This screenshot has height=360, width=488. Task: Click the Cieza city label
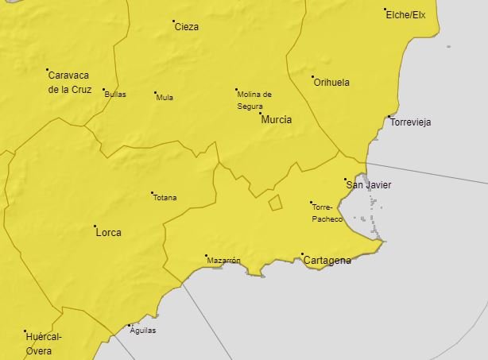(x=187, y=27)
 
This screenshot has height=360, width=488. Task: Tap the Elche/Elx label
(x=406, y=15)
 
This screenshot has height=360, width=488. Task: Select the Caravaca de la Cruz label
(x=70, y=83)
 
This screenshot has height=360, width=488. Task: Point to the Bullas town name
(x=115, y=94)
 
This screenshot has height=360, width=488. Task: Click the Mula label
(x=165, y=98)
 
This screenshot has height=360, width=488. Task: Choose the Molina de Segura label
(x=254, y=99)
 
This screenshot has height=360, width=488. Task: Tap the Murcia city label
(x=276, y=120)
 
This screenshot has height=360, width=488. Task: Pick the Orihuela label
(x=331, y=82)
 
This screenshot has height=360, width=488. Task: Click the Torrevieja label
(x=410, y=122)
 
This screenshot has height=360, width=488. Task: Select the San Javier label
(x=369, y=185)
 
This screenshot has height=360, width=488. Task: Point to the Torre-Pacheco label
(x=327, y=212)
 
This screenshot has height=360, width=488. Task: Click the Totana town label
(x=165, y=198)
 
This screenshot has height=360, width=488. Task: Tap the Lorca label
(x=108, y=233)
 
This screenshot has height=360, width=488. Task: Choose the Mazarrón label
(x=223, y=261)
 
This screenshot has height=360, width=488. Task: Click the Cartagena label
(x=327, y=261)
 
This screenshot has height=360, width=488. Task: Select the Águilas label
(x=143, y=331)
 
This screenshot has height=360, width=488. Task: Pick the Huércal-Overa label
(x=44, y=343)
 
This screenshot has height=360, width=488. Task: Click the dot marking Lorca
(x=95, y=226)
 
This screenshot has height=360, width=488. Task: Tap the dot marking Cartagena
(x=302, y=254)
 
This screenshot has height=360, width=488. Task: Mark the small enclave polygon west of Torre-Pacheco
(x=275, y=203)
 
